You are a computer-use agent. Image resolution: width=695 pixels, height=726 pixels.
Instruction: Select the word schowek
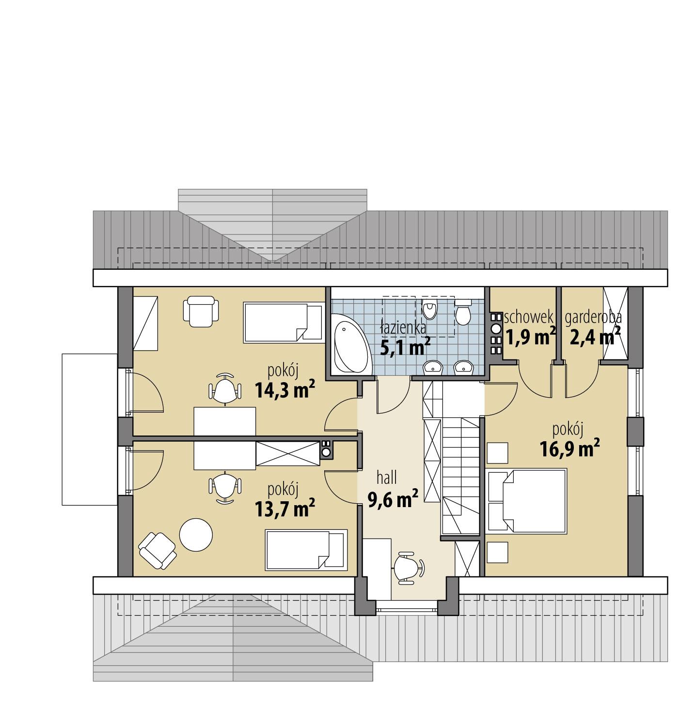[528, 318]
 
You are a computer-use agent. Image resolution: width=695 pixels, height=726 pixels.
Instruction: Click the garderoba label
[593, 318]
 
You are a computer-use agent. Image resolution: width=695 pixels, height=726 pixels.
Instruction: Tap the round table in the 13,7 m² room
[196, 535]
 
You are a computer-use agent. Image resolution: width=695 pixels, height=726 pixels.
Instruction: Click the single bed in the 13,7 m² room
[306, 549]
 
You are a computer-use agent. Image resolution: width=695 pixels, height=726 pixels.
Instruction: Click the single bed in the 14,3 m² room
[284, 322]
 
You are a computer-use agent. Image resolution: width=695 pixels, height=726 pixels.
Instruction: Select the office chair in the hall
[408, 565]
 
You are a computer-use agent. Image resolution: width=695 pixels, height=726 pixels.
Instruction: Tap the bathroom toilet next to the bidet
[463, 312]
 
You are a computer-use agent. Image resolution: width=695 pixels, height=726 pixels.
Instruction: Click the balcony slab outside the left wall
[90, 429]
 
